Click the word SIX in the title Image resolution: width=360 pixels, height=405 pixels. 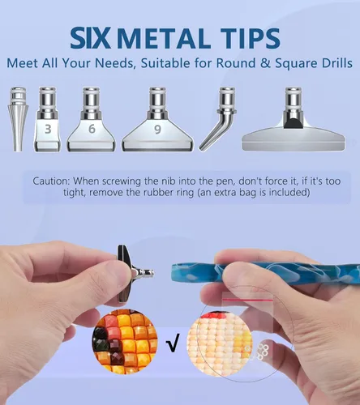tap(90, 39)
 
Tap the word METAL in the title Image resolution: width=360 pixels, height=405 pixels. tap(161, 39)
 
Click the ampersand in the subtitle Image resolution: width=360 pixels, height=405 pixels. tap(265, 63)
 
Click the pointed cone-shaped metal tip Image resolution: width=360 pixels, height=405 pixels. tap(18, 119)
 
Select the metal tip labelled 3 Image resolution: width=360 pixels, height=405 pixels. tap(47, 119)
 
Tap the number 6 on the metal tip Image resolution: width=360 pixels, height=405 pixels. tap(92, 129)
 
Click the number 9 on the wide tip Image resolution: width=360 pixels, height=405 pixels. tap(157, 130)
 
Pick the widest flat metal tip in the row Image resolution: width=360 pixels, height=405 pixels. tap(294, 119)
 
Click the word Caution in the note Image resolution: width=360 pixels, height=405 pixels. tap(51, 181)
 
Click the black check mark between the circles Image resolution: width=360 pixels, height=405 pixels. tap(173, 343)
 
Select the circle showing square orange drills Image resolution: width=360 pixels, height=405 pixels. tap(125, 342)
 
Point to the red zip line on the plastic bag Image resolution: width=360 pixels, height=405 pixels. tap(246, 300)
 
